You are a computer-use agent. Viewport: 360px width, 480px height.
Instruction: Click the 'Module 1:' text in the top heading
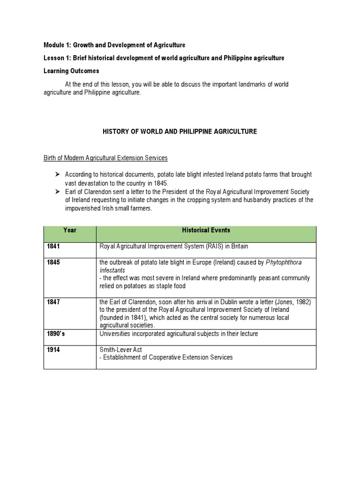click(57, 45)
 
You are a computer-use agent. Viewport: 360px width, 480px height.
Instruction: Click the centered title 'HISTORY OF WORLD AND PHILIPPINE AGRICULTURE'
click(180, 132)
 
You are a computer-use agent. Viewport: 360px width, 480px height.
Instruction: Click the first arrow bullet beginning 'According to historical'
click(57, 174)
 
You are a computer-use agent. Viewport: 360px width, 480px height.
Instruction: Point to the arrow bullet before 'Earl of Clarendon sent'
click(57, 191)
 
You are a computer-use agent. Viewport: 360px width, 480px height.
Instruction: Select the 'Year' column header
click(70, 230)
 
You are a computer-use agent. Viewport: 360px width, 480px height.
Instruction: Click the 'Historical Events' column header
click(206, 230)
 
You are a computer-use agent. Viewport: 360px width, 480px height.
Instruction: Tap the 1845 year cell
click(53, 262)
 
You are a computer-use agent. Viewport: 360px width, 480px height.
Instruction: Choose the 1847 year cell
click(53, 302)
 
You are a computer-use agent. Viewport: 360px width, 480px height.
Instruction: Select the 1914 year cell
click(53, 350)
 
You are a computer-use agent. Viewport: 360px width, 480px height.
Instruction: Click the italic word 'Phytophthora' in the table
click(283, 262)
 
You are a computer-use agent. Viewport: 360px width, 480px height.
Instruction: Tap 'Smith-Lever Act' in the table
click(120, 350)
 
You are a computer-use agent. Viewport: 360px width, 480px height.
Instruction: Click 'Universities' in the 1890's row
click(115, 334)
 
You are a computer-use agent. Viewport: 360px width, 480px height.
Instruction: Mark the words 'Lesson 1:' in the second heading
click(57, 58)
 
